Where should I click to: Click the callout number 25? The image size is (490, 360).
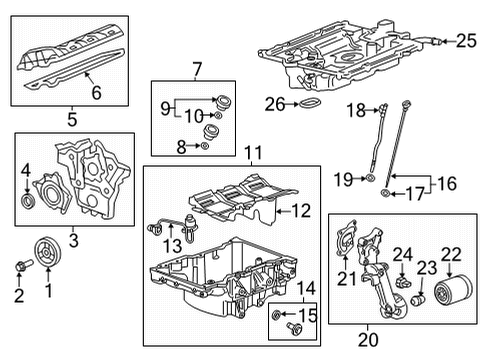(x=467, y=41)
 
